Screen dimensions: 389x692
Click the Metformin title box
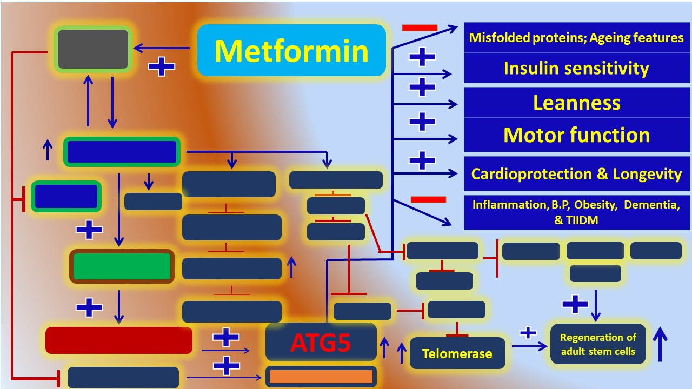pyautogui.click(x=291, y=50)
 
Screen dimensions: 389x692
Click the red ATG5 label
pyautogui.click(x=321, y=343)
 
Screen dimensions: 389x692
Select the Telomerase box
pyautogui.click(x=457, y=354)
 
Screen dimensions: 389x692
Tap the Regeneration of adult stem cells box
pyautogui.click(x=598, y=344)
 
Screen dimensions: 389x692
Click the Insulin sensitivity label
pyautogui.click(x=576, y=68)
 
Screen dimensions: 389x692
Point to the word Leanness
pyautogui.click(x=576, y=103)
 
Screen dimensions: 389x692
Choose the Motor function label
pyautogui.click(x=576, y=135)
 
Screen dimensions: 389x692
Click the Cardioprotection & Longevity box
pyautogui.click(x=576, y=174)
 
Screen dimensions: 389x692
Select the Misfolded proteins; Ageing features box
pyautogui.click(x=576, y=38)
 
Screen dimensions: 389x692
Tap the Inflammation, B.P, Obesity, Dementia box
pyautogui.click(x=576, y=212)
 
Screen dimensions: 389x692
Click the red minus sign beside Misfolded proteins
pyautogui.click(x=420, y=28)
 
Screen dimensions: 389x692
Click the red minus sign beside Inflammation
pyautogui.click(x=428, y=200)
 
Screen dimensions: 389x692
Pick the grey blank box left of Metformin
pyautogui.click(x=93, y=49)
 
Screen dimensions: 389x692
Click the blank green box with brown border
pyautogui.click(x=122, y=266)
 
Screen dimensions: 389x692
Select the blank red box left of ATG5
pyautogui.click(x=119, y=340)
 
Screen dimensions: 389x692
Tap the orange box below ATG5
pyautogui.click(x=321, y=377)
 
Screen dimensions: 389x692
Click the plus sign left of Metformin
pyautogui.click(x=162, y=67)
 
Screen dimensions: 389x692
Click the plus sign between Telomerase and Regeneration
pyautogui.click(x=528, y=333)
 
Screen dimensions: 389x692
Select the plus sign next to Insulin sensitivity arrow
pyautogui.click(x=422, y=57)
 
